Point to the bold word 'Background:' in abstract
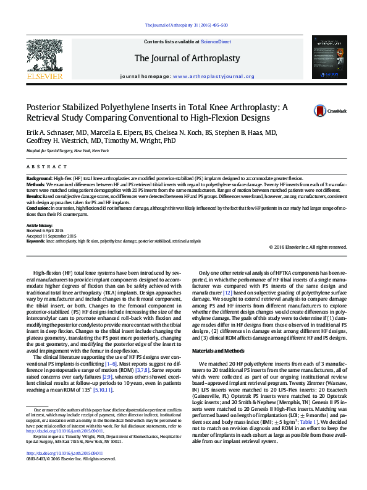[x=40, y=177]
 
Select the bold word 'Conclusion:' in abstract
[x=39, y=208]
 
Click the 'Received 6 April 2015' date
[x=51, y=230]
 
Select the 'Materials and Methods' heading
[x=229, y=351]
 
